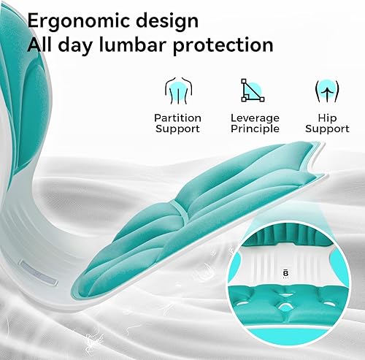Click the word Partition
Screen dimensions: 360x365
177,118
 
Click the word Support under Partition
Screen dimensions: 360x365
177,129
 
